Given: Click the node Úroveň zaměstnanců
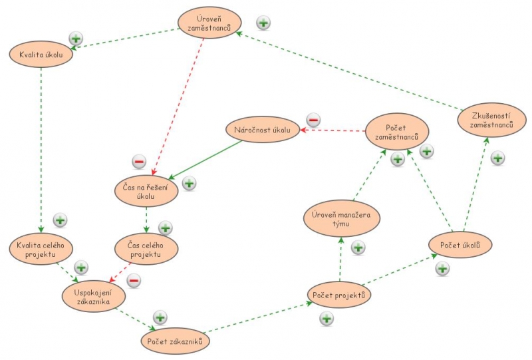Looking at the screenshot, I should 209,23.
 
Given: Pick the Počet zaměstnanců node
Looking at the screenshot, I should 396,131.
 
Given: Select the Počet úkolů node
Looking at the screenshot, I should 460,245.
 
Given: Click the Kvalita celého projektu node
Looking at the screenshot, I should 41,251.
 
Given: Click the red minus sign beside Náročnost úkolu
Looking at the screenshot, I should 313,120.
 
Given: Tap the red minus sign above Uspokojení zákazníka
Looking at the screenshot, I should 133,280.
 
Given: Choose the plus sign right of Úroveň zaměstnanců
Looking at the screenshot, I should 263,23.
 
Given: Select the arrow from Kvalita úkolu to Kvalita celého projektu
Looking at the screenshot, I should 41,146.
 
